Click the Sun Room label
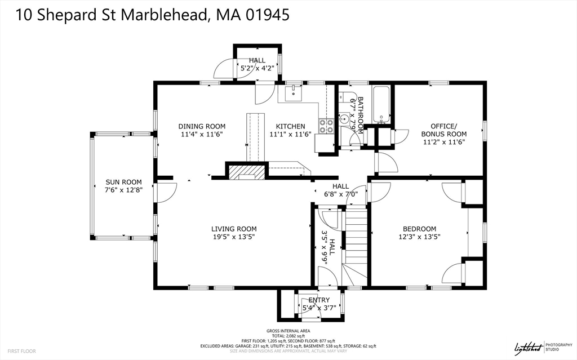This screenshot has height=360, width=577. tap(123, 182)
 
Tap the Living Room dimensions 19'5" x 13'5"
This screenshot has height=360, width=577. tap(234, 237)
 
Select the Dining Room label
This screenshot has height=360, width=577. tap(202, 126)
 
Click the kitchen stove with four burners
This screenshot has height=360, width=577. tap(326, 126)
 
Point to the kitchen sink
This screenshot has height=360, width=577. tap(294, 93)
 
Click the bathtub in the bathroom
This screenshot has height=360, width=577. tap(381, 105)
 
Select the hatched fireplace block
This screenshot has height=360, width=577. tap(247, 171)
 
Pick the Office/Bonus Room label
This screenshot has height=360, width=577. tap(444, 130)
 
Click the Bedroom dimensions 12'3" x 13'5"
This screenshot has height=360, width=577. tap(419, 237)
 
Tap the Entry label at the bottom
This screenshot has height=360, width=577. tap(318, 300)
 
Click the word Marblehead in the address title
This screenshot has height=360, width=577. tap(158, 15)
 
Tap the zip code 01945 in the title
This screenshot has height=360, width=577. tap(267, 15)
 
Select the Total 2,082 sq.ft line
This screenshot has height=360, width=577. tap(288, 336)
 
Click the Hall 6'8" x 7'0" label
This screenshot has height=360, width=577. tap(340, 190)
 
